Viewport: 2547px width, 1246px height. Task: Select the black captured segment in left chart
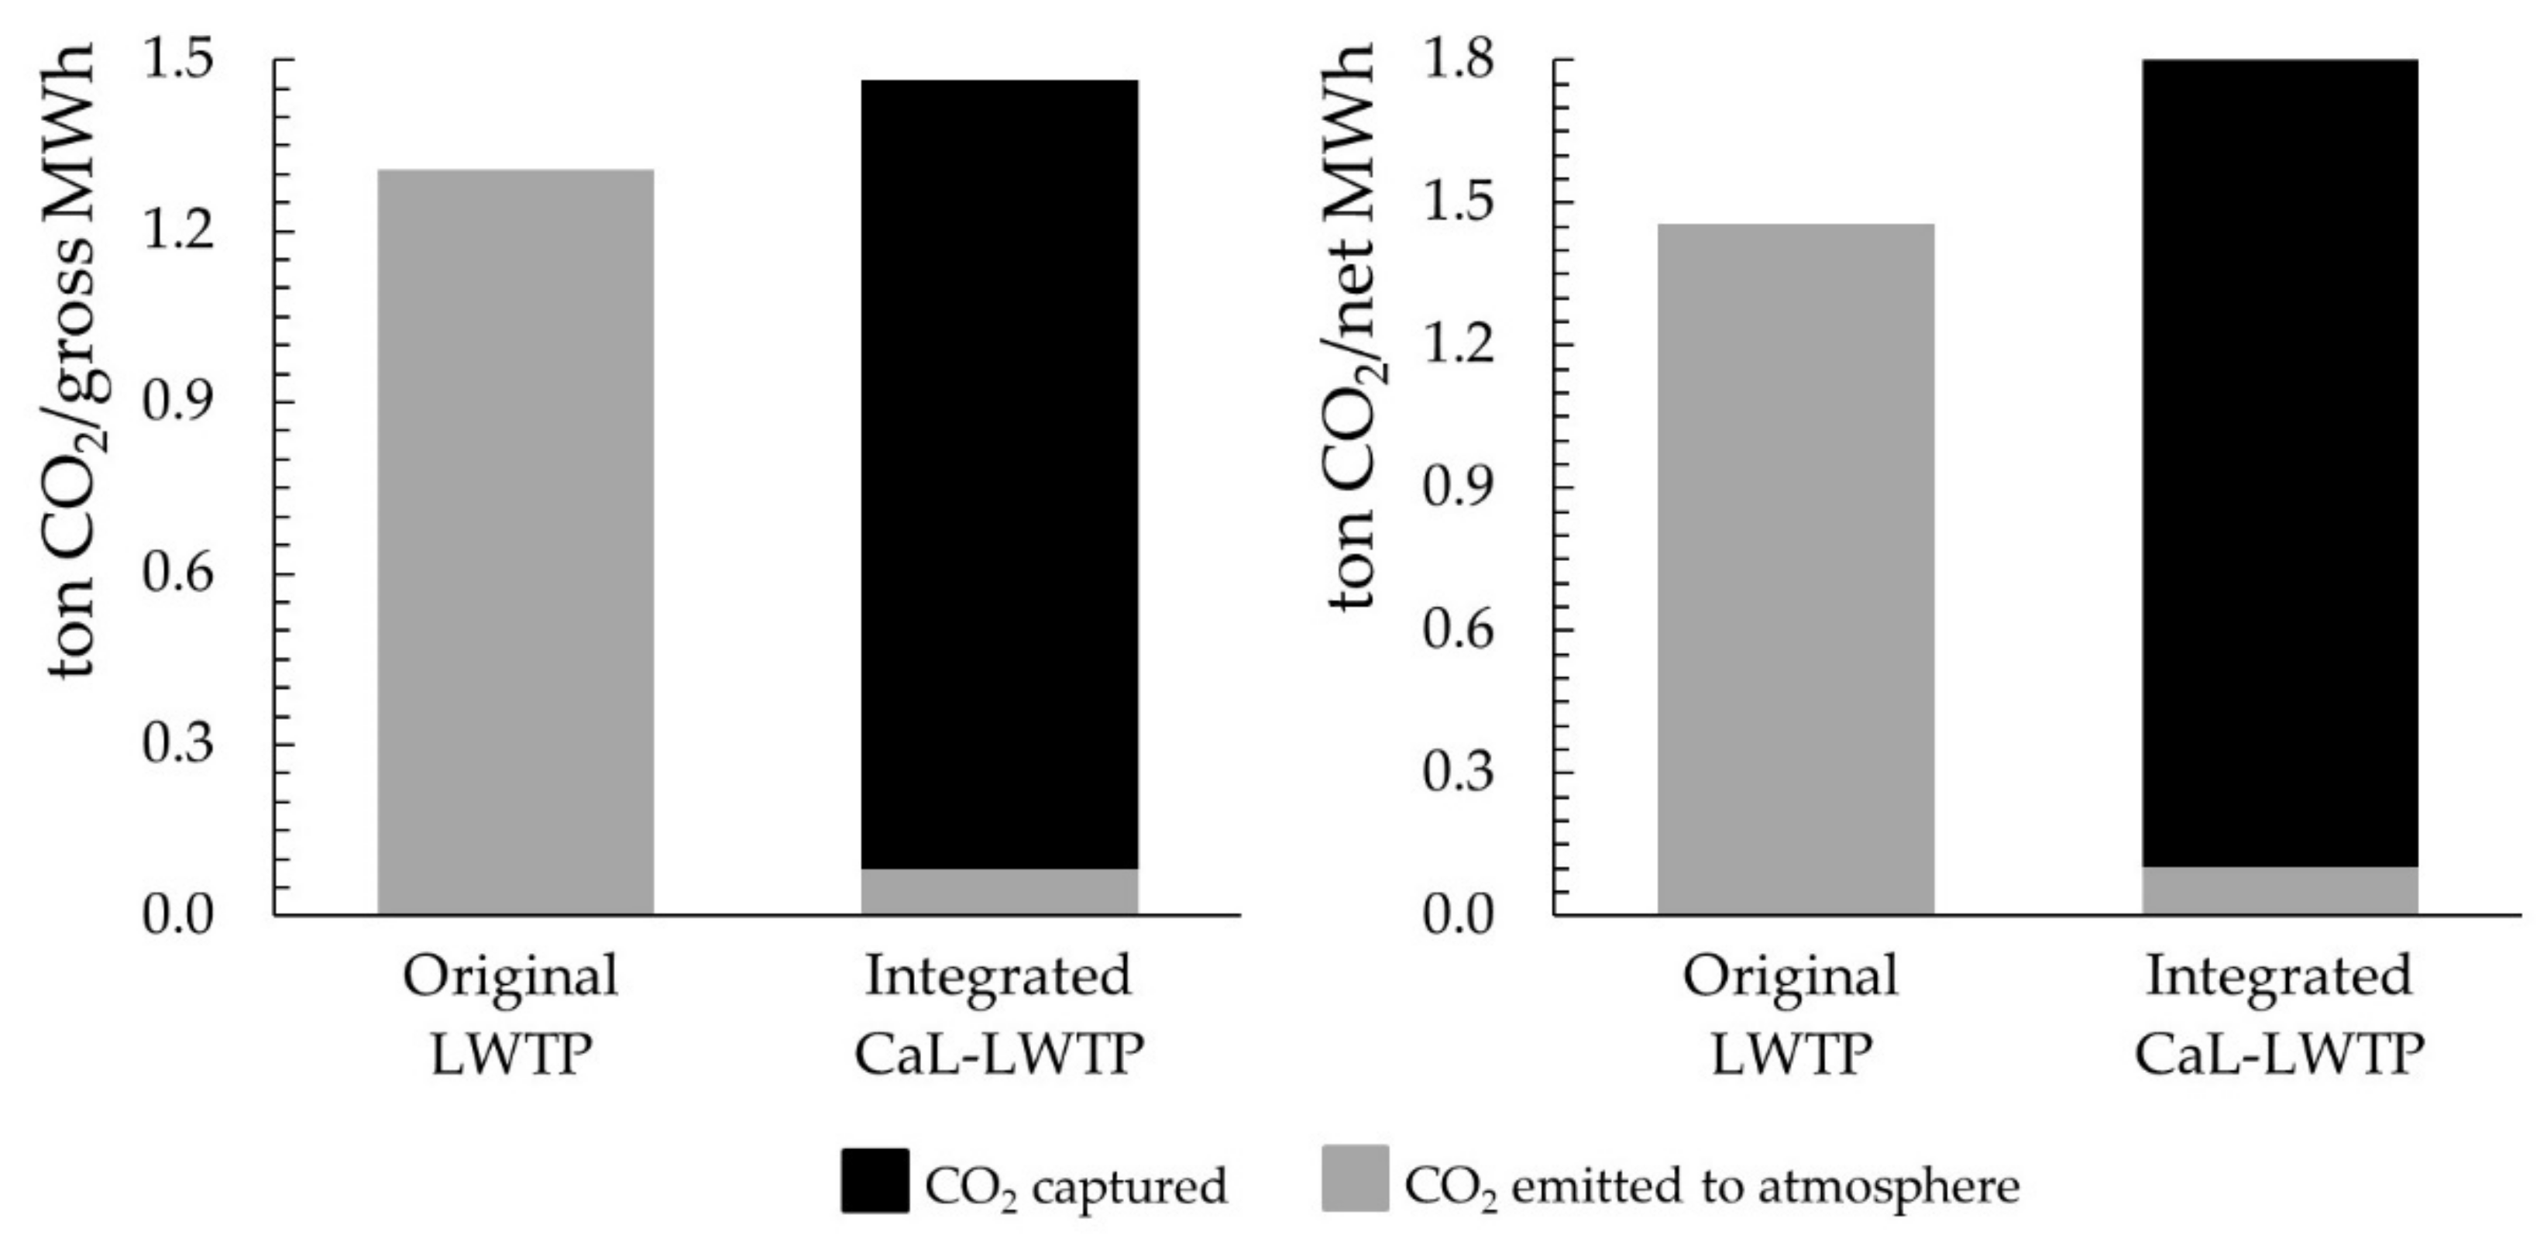999,475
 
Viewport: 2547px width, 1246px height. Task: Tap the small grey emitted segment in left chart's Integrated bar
999,892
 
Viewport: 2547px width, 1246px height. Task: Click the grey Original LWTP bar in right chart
1796,569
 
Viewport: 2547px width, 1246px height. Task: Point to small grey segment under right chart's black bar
2280,891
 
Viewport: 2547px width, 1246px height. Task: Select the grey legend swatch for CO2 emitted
1355,1178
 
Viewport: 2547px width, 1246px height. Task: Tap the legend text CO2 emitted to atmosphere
1711,1186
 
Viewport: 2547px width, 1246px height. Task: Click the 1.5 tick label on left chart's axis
178,61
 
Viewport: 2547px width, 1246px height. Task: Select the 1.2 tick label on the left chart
178,232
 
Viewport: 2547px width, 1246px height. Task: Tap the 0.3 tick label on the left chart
178,744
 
